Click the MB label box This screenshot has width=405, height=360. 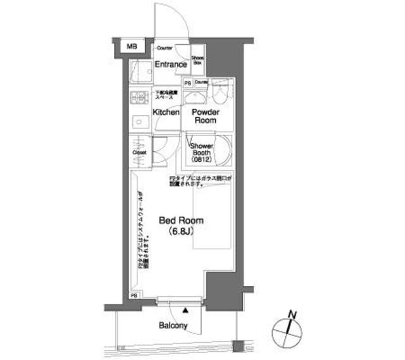pyautogui.click(x=132, y=46)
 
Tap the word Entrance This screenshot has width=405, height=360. pyautogui.click(x=170, y=65)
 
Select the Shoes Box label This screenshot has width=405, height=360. pyautogui.click(x=197, y=61)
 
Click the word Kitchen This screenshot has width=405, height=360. pyautogui.click(x=166, y=112)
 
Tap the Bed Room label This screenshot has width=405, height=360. pyautogui.click(x=180, y=221)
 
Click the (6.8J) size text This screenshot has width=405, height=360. pyautogui.click(x=180, y=232)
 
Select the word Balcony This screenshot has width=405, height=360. pyautogui.click(x=173, y=326)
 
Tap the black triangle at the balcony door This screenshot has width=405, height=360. pyautogui.click(x=185, y=311)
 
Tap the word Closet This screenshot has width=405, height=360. pyautogui.click(x=139, y=152)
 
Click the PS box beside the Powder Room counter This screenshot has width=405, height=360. pyautogui.click(x=188, y=83)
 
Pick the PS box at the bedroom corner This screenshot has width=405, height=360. pyautogui.click(x=134, y=295)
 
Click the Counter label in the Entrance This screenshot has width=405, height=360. pyautogui.click(x=165, y=48)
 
